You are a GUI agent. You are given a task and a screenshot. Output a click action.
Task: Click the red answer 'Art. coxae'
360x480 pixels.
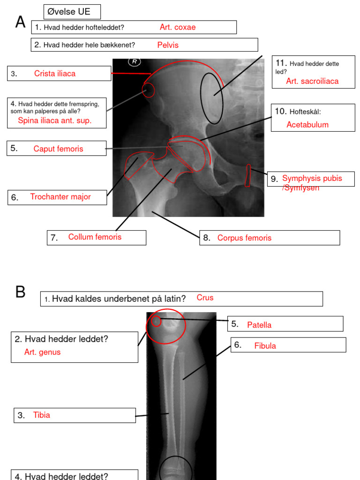click(x=177, y=27)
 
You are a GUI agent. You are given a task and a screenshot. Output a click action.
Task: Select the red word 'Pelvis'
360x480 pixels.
click(x=168, y=45)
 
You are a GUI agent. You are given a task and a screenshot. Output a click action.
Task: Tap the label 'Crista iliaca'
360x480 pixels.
click(x=54, y=74)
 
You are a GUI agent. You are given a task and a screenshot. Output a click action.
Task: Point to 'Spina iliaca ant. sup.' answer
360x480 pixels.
click(x=55, y=120)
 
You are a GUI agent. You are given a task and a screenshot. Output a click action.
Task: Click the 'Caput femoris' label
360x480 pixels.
click(x=58, y=149)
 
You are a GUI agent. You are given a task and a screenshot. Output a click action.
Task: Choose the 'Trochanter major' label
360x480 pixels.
click(x=60, y=197)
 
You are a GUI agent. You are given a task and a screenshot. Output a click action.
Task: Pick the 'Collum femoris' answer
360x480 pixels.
click(x=95, y=237)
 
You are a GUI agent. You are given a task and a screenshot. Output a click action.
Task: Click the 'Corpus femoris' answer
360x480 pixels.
click(x=244, y=238)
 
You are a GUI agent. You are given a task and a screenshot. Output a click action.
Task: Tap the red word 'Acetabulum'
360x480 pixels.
click(x=307, y=125)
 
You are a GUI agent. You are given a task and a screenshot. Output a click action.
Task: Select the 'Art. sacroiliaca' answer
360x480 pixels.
click(x=312, y=82)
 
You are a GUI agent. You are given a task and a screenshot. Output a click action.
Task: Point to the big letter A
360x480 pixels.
click(x=20, y=22)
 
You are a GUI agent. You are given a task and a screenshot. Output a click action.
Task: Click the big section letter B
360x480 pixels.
click(x=20, y=292)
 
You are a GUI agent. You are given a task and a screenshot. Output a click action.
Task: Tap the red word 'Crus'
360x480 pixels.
click(x=205, y=298)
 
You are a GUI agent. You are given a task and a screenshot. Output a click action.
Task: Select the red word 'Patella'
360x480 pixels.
click(x=259, y=325)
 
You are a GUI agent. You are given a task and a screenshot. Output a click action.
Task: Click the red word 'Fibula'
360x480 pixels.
click(x=265, y=346)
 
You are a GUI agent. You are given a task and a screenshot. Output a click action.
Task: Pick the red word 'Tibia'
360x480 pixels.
click(x=41, y=415)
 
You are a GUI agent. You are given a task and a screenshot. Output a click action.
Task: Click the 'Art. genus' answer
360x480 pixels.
click(x=42, y=352)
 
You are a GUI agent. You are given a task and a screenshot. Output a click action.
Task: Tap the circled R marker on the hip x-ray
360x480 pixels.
click(x=135, y=62)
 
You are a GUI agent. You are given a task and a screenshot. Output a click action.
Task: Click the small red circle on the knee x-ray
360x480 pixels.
click(x=156, y=322)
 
